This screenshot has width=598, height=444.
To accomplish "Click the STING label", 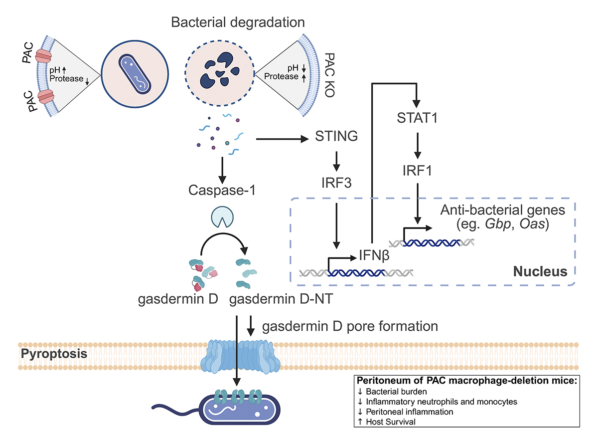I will click(x=336, y=136).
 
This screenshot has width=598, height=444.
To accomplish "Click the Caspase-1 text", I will click(x=219, y=190).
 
